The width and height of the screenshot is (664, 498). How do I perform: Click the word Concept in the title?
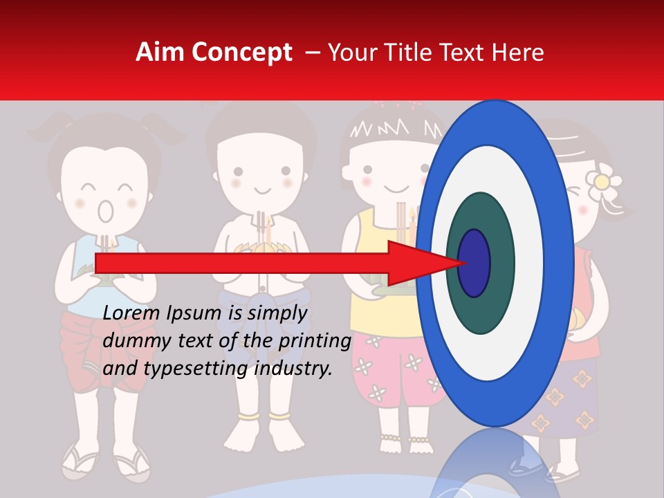[239, 53]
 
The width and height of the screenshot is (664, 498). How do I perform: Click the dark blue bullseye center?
[474, 264]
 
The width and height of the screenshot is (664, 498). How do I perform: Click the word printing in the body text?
[315, 341]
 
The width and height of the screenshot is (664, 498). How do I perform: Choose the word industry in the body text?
[298, 368]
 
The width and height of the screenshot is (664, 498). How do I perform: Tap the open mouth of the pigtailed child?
[105, 210]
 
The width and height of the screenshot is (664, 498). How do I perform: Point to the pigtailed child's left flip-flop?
[71, 460]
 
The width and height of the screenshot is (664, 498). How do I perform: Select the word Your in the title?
[351, 52]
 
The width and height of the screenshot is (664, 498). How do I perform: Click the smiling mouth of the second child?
[262, 190]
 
